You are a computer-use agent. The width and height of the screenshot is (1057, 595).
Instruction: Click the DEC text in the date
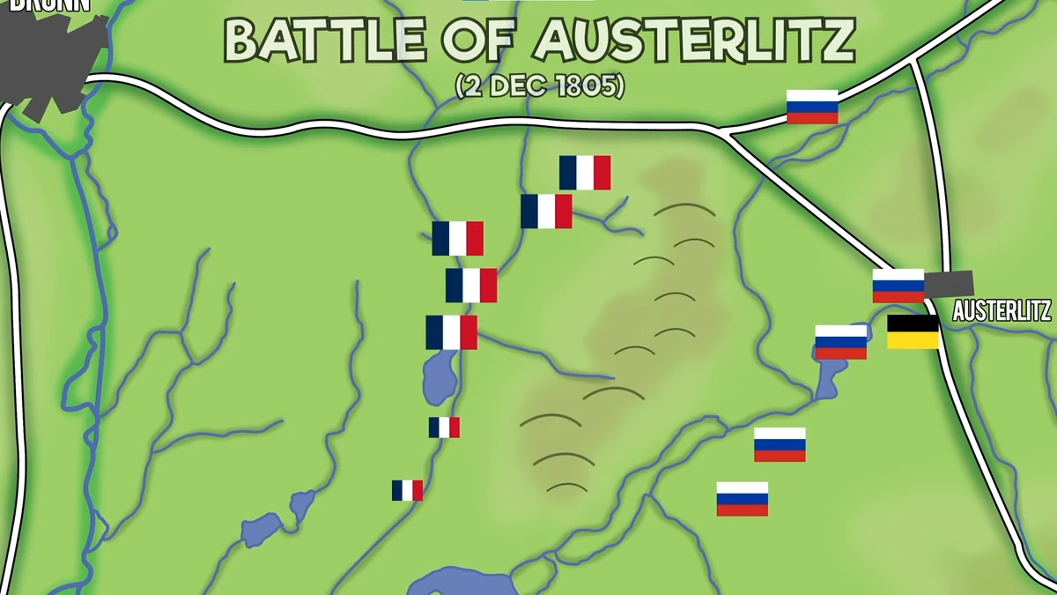coord(520,86)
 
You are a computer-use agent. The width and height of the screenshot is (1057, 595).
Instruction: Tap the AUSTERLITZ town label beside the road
coord(1002,310)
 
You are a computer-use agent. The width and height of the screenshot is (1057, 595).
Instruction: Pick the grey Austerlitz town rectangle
coord(949,284)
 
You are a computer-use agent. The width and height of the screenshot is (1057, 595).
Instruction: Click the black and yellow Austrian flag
coord(913,331)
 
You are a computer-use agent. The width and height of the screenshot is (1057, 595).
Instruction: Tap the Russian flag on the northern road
coord(812,107)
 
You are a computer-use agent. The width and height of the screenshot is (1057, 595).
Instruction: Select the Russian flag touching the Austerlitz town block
coord(898,286)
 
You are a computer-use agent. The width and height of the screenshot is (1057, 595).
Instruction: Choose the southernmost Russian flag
coord(742,499)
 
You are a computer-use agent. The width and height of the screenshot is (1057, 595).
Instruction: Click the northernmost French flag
coord(585,173)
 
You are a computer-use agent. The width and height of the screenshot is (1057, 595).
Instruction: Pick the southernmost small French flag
coord(407,490)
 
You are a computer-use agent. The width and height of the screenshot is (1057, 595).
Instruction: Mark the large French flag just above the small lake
coord(451,332)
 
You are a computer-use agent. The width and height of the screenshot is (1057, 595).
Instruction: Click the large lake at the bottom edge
coord(462,584)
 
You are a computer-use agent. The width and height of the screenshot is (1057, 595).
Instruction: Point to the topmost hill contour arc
coord(684,211)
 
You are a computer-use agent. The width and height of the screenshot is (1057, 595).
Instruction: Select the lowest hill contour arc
coord(566,487)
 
